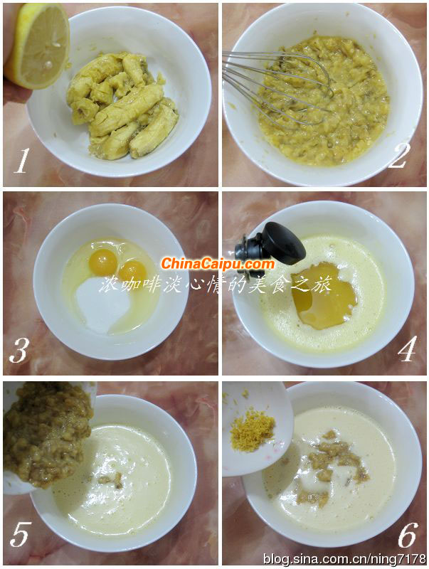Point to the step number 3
18,351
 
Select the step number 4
406,349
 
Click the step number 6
408,535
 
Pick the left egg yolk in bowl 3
103,261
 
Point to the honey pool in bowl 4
324,296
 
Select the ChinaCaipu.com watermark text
218,264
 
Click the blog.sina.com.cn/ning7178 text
344,558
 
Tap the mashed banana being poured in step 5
47,432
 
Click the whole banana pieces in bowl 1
122,105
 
